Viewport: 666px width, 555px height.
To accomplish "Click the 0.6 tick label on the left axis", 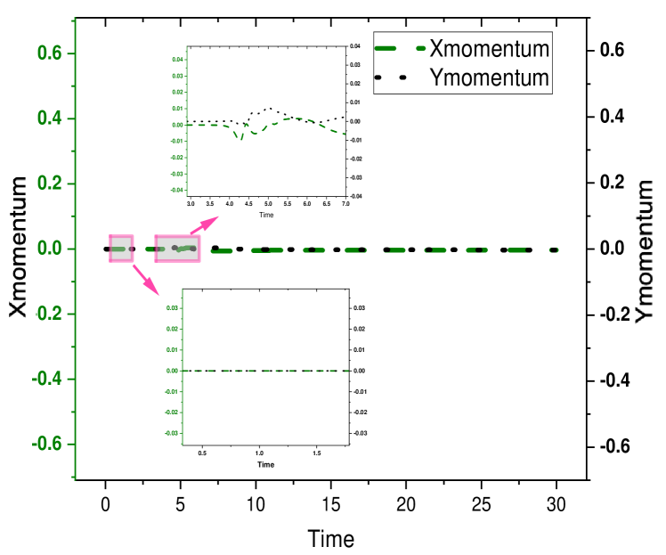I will pos(49,53).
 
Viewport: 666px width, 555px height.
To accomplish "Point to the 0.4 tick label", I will pos(49,118).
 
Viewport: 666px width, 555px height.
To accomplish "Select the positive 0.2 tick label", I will pos(49,184).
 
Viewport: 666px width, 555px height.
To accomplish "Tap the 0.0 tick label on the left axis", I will pos(49,249).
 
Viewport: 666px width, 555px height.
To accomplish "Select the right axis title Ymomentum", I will pos(646,252).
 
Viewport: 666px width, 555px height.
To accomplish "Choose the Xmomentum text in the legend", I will pos(489,47).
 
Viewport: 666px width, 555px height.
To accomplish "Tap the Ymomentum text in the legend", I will pos(489,78).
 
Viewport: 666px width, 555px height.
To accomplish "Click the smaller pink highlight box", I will pos(121,249).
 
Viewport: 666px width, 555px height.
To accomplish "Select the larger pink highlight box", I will pos(178,249).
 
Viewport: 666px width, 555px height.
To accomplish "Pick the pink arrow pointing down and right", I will pos(148,281).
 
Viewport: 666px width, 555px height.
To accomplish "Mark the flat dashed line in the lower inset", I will pos(267,371).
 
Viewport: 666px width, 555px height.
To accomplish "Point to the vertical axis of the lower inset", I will pos(182,365).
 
